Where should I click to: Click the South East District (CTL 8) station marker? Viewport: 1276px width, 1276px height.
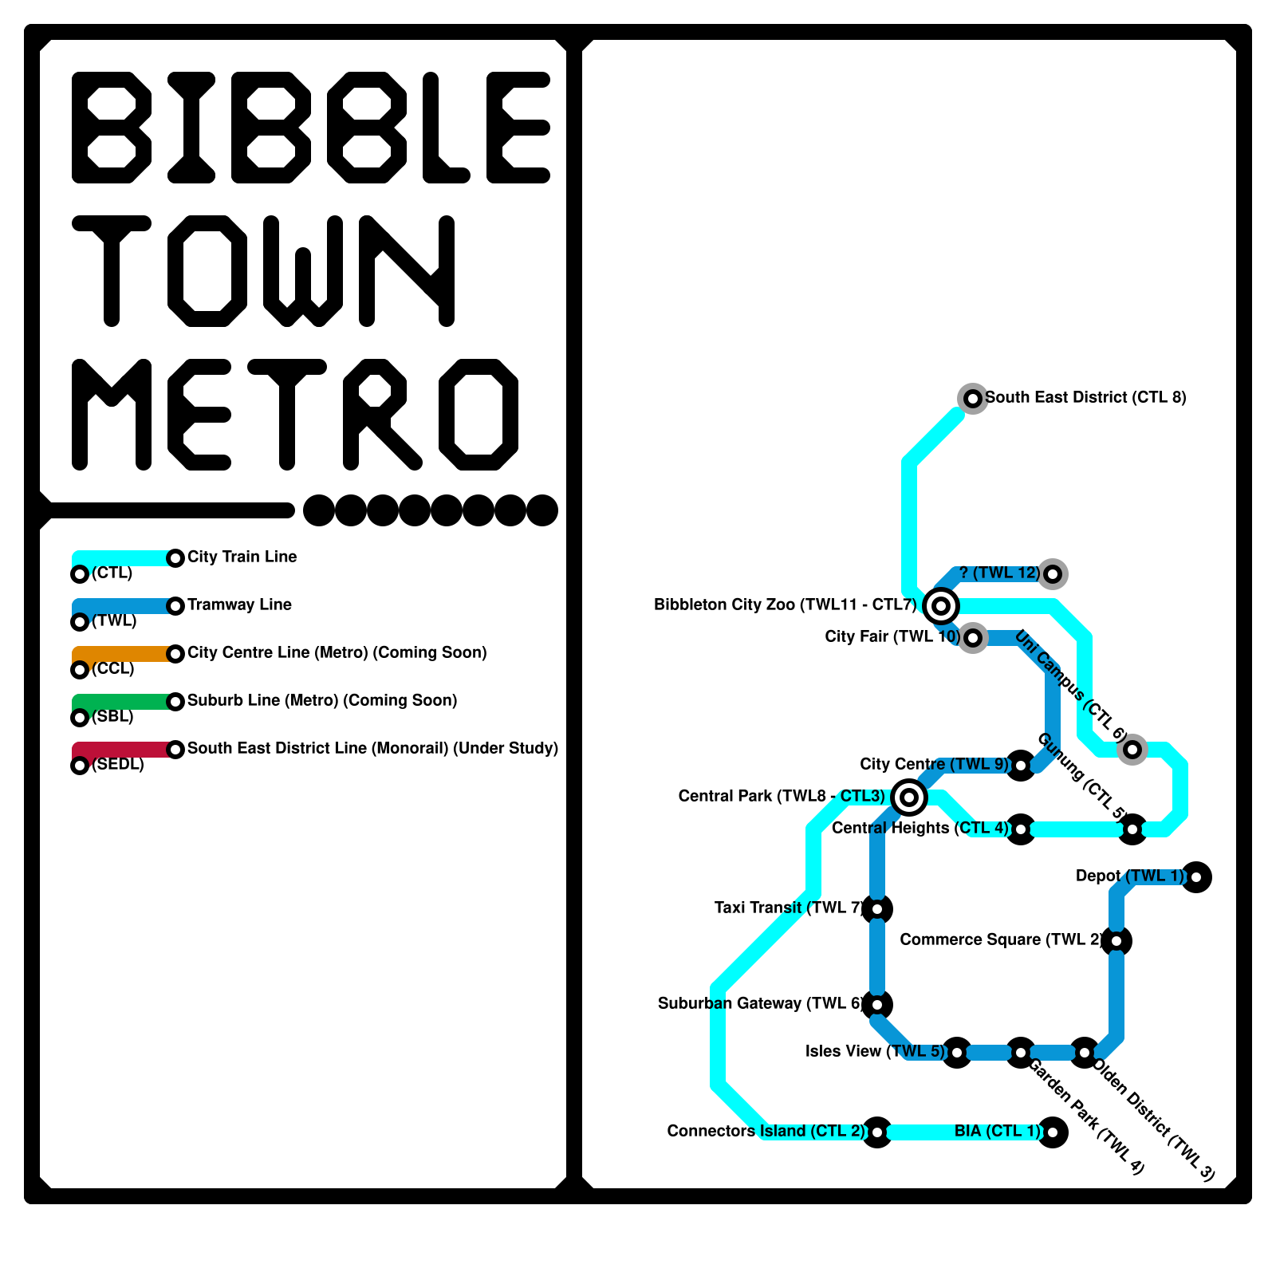click(x=973, y=398)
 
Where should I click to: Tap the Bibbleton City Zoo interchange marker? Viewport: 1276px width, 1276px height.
click(x=941, y=606)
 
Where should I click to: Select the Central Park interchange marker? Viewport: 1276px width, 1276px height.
click(x=909, y=797)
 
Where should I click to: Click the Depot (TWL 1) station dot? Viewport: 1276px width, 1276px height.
click(x=1196, y=877)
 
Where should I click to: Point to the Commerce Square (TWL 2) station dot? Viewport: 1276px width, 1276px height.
click(x=1116, y=941)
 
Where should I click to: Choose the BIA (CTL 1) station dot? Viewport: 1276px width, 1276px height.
click(x=1053, y=1132)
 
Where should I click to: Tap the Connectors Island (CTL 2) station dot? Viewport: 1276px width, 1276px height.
click(x=877, y=1132)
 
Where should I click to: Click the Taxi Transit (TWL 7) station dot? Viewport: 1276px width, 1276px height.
click(x=877, y=909)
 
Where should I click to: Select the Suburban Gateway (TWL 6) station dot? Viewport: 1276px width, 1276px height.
click(x=877, y=1005)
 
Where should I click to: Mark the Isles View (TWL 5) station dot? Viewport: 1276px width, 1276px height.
click(x=957, y=1053)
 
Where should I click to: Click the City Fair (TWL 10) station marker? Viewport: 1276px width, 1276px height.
click(x=973, y=638)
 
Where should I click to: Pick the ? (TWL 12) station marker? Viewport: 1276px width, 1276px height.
click(x=1053, y=573)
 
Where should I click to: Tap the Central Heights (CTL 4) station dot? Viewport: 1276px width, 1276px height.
click(x=1021, y=829)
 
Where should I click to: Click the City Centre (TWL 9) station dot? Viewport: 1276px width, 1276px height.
click(x=1021, y=766)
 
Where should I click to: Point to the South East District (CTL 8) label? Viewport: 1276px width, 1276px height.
click(x=1085, y=397)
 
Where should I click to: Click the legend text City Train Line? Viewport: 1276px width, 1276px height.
click(x=242, y=557)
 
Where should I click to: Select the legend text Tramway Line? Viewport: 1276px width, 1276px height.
click(x=239, y=605)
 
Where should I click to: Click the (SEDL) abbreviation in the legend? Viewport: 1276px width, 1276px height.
click(x=118, y=764)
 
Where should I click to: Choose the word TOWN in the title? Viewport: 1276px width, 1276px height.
click(x=263, y=271)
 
